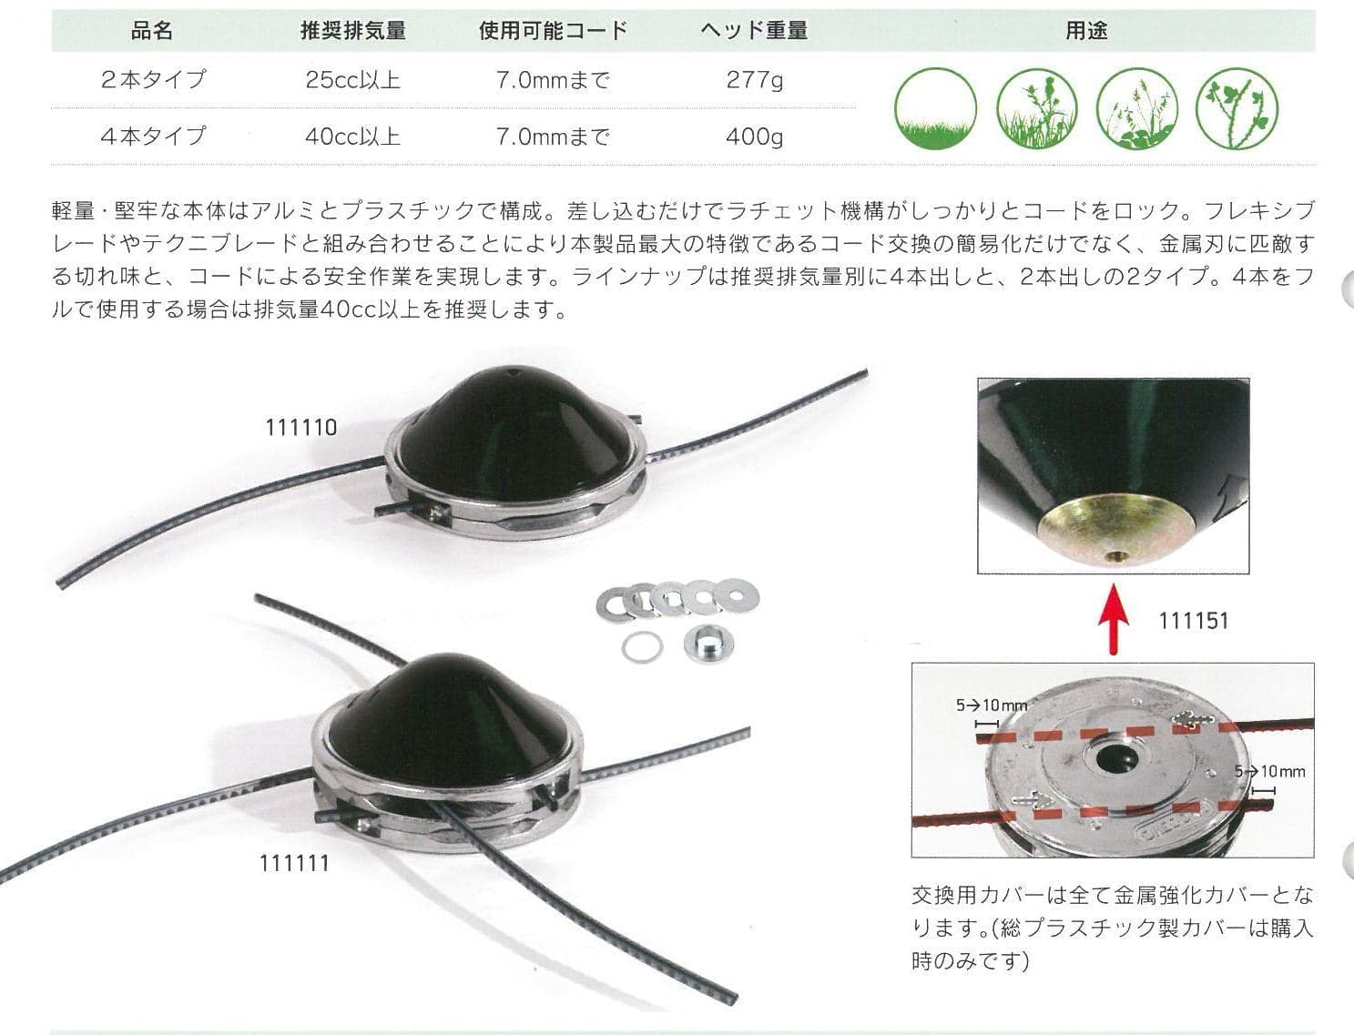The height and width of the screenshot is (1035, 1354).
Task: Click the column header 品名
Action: [x=152, y=30]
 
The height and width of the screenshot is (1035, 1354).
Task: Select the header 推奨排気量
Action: [x=353, y=30]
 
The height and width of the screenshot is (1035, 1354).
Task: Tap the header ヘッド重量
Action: [x=754, y=30]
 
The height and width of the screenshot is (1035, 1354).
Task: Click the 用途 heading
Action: [x=1087, y=30]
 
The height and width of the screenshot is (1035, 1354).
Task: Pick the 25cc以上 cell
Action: [x=353, y=80]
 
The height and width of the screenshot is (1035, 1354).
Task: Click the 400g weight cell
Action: [x=755, y=137]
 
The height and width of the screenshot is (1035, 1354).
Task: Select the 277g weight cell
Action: [x=755, y=80]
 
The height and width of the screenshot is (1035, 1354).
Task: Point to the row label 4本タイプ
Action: [x=153, y=137]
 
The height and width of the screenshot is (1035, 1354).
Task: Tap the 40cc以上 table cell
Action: [x=353, y=137]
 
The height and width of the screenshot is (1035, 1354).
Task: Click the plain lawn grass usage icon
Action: [x=936, y=109]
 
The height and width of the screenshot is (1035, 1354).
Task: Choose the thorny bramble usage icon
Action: [x=1237, y=109]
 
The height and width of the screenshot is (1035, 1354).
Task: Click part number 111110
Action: [x=301, y=427]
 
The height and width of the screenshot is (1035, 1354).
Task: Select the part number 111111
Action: [x=294, y=863]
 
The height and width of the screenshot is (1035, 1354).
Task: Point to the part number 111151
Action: [x=1194, y=621]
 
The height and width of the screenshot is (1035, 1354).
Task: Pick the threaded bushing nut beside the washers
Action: [x=708, y=644]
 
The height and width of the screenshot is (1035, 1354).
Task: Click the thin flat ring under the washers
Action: [x=642, y=646]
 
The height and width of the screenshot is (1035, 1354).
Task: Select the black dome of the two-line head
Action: [x=515, y=431]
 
